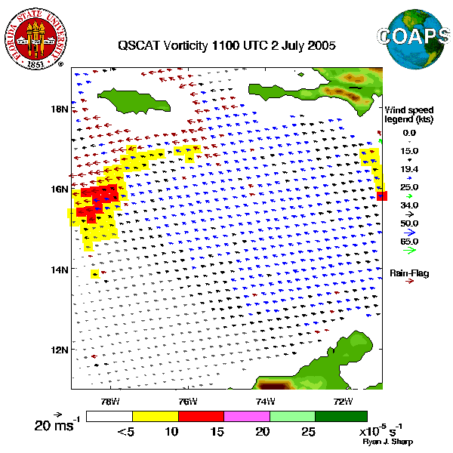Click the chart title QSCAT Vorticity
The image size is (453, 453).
tap(226, 45)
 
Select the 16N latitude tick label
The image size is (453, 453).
tap(59, 189)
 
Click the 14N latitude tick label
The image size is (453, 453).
tap(59, 270)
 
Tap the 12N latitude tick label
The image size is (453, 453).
tap(59, 350)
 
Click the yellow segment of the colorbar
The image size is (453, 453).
tap(155, 416)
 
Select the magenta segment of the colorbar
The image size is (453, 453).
tap(247, 416)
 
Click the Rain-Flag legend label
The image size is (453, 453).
tap(408, 273)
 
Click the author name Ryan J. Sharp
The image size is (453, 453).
tap(387, 442)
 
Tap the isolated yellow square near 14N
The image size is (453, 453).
tap(94, 274)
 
